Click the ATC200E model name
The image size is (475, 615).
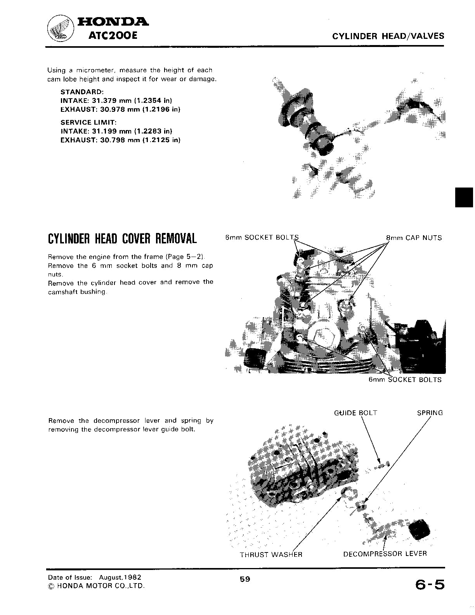tap(113, 36)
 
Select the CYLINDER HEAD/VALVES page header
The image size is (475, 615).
tap(388, 36)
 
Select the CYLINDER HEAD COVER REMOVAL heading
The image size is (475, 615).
tap(122, 239)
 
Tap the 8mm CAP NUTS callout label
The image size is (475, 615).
tap(414, 238)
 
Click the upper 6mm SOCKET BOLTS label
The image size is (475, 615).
tap(262, 238)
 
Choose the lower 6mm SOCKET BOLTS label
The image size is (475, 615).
tap(405, 380)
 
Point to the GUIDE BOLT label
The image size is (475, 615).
tap(355, 413)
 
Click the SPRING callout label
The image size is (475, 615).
tap(430, 413)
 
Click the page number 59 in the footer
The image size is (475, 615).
tap(245, 579)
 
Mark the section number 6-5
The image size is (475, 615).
tap(430, 585)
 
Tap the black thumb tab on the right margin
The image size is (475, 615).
tap(464, 197)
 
